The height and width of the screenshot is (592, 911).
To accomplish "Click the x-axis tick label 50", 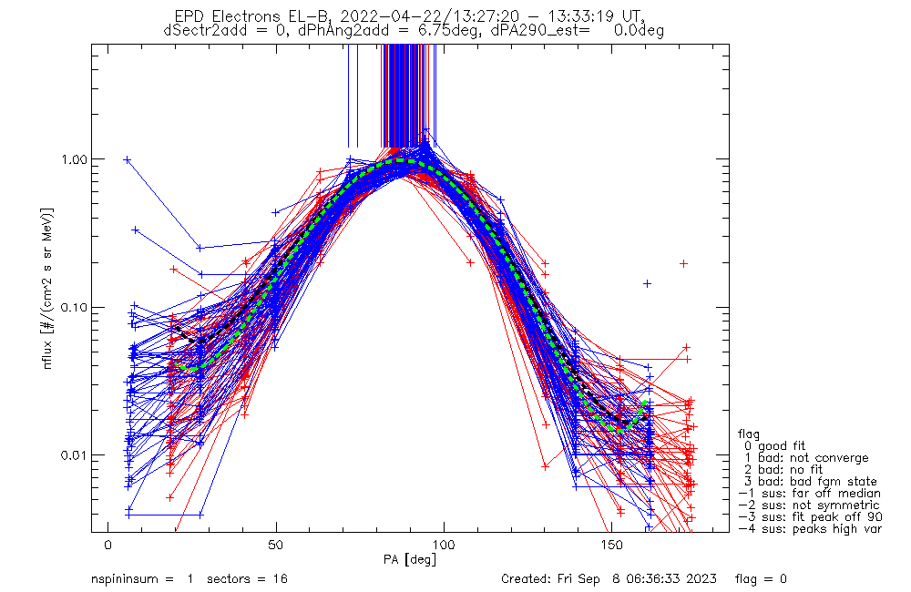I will click(276, 545).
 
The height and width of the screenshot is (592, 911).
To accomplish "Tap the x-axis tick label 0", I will click(108, 545).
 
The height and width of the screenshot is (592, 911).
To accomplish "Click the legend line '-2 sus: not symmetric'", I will click(809, 505).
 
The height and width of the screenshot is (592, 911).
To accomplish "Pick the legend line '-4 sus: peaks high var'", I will click(809, 529).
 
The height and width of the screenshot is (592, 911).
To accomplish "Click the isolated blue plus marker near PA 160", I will click(647, 283).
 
